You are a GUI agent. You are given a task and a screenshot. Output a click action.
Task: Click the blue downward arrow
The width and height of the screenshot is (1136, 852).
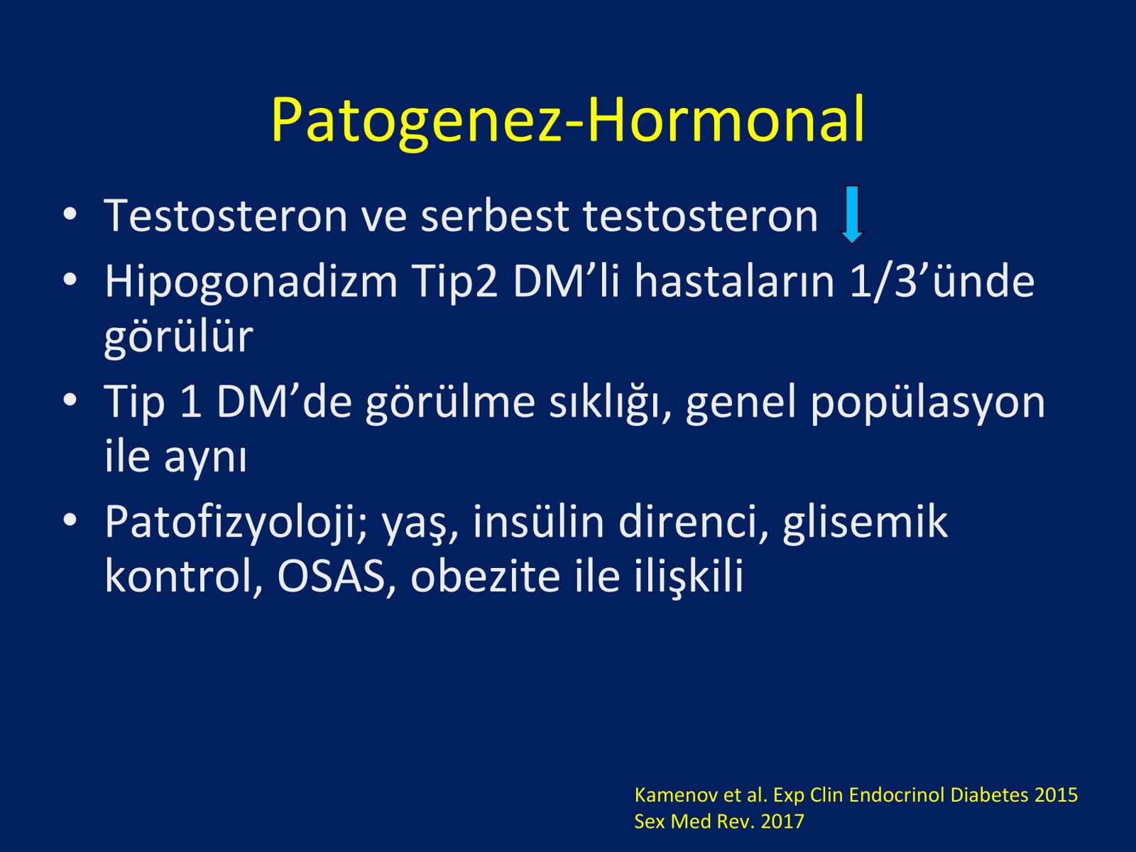click(851, 214)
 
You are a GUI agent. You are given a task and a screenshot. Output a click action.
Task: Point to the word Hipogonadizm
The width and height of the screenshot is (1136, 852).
click(251, 283)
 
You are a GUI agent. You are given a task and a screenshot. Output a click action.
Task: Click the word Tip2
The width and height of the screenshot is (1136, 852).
click(455, 283)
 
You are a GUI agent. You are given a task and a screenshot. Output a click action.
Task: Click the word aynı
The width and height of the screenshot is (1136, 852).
click(205, 459)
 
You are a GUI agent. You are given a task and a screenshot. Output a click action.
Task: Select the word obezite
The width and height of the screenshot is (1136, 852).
click(485, 576)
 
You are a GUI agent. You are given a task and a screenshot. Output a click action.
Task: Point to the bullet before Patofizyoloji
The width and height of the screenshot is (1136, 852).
click(70, 520)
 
